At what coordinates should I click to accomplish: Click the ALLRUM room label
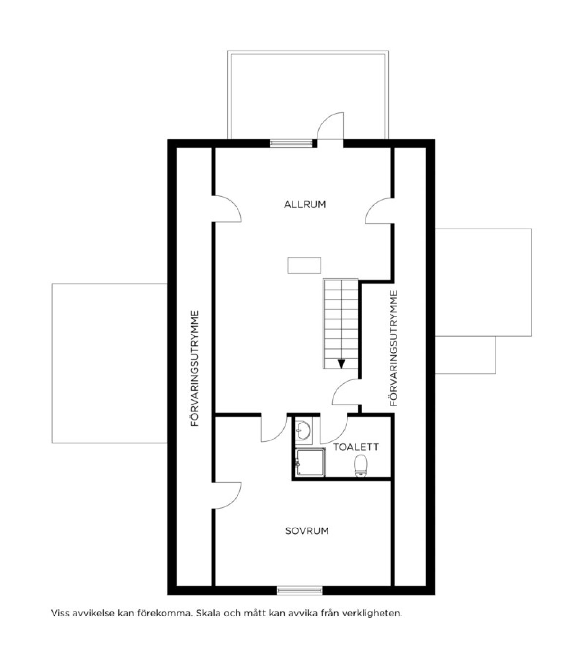(x=305, y=204)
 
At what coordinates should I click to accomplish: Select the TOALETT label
(x=356, y=447)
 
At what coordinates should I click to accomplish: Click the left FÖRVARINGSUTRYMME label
(x=195, y=369)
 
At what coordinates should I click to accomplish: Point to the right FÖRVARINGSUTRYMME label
(x=394, y=348)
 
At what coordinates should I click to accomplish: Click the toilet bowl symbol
(x=361, y=466)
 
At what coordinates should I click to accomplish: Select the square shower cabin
(x=310, y=462)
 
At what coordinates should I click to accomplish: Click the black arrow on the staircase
(x=341, y=364)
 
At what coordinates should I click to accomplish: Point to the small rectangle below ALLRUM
(x=304, y=265)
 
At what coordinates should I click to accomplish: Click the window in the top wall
(x=291, y=142)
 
